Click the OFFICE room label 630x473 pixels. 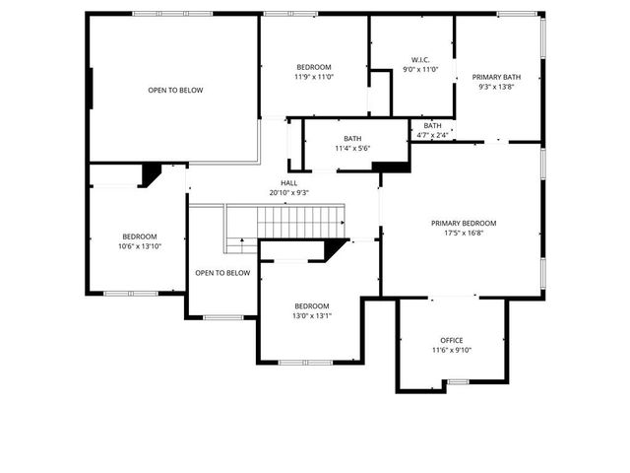coord(452,340)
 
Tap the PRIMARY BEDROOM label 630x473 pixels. coord(464,224)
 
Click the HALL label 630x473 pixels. coord(289,182)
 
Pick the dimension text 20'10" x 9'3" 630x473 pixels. coord(289,193)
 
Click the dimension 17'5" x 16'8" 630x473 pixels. coord(464,235)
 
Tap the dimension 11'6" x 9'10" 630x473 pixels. coord(452,350)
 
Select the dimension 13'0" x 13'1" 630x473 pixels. coord(311,316)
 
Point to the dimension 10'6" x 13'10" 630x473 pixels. coord(140,246)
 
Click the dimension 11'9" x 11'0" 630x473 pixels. coord(314,77)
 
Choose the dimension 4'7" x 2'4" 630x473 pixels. coord(433,135)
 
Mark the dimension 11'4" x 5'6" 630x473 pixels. coord(351,149)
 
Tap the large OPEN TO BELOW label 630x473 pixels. coord(175,91)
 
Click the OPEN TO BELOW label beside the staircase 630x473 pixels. coord(222,273)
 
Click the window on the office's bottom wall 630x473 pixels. coord(458,381)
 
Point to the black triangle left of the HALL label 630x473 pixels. coord(150,174)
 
